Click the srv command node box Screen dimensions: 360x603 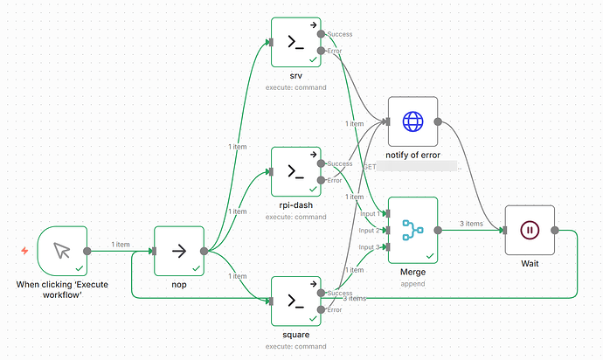click(295, 42)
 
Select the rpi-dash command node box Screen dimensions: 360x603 click(295, 171)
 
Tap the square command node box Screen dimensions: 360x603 click(295, 301)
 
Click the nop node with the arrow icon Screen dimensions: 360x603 click(178, 251)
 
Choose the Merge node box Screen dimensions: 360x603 click(412, 230)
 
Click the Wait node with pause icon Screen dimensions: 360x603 click(530, 230)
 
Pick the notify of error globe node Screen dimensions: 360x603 click(412, 121)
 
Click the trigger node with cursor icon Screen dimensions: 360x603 click(62, 251)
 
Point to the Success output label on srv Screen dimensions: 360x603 click(340, 34)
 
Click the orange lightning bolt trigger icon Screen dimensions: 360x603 click(24, 251)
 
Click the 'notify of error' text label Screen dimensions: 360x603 click(412, 155)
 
